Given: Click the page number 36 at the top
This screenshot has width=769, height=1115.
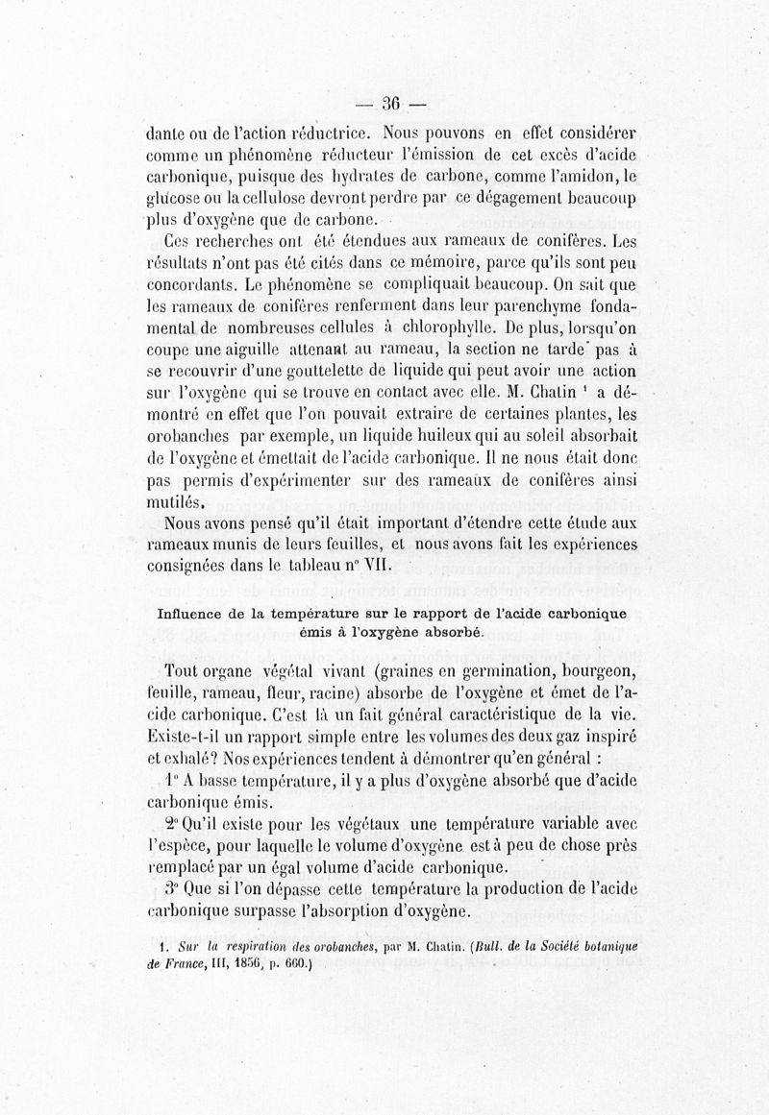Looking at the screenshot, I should tap(391, 105).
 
